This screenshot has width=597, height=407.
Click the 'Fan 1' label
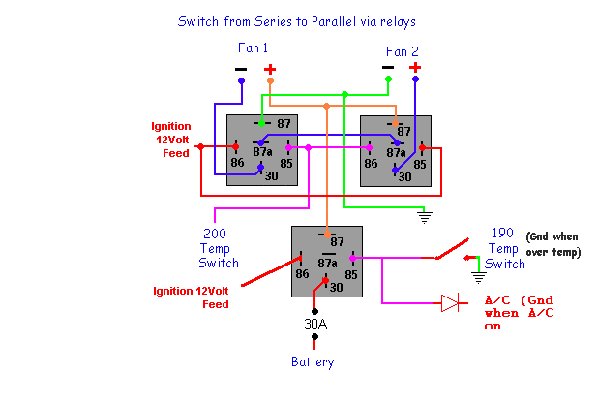(253, 47)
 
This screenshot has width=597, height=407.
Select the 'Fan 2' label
(402, 51)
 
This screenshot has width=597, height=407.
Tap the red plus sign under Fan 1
(270, 69)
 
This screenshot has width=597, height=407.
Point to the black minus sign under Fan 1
(240, 69)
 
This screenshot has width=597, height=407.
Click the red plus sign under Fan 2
(415, 68)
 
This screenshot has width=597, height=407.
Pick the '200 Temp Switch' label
(218, 248)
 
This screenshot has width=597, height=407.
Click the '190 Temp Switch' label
(506, 248)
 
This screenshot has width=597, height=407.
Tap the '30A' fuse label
(316, 324)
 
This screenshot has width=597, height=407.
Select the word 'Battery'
(313, 362)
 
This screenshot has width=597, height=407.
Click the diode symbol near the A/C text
(451, 302)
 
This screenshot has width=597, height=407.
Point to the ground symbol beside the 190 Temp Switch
(478, 276)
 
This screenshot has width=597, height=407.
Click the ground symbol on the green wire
(423, 215)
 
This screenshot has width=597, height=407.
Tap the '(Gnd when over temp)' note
(552, 244)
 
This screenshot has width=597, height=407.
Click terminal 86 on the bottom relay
(302, 274)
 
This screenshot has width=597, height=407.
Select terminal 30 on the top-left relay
(271, 175)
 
